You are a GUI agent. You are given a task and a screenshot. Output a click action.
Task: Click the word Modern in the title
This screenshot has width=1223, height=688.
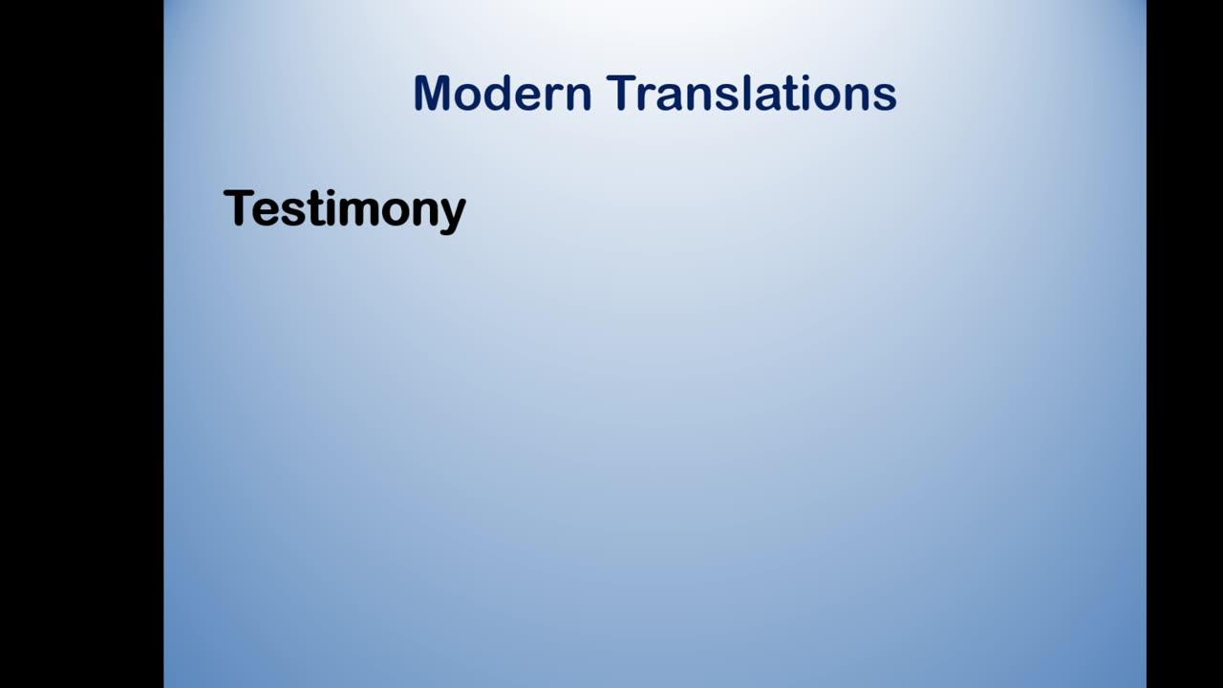[503, 94]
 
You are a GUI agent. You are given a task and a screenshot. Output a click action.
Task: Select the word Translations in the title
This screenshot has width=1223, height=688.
[751, 94]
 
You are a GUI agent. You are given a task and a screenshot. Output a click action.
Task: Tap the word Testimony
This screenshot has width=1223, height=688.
[345, 209]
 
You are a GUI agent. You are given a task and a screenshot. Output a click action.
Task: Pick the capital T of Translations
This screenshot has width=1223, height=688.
[622, 94]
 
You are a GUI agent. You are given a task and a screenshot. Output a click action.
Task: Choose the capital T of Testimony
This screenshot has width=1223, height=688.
[238, 207]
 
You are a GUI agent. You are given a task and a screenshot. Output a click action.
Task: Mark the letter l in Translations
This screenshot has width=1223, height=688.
[747, 94]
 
